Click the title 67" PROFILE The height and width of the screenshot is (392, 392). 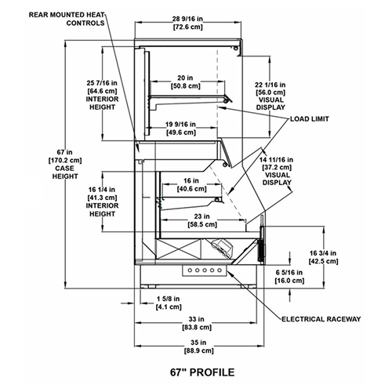(202, 372)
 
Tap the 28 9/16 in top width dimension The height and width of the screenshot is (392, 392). (188, 23)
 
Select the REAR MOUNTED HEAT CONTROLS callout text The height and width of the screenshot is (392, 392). (67, 19)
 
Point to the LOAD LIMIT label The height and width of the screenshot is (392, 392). (310, 119)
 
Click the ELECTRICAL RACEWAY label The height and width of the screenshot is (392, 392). (321, 319)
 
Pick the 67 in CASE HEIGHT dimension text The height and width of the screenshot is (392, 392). (65, 164)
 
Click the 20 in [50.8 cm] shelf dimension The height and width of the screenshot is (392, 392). (186, 82)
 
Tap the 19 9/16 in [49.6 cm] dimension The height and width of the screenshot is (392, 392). (181, 129)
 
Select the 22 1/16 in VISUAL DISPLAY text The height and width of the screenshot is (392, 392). (270, 96)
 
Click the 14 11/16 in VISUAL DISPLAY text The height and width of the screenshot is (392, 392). (277, 171)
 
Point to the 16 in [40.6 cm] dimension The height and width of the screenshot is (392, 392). (191, 184)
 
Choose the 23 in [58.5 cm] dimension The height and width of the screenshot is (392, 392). (202, 220)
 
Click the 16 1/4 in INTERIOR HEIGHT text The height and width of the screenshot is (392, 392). (102, 201)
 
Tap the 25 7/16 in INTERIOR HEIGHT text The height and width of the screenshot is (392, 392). (102, 95)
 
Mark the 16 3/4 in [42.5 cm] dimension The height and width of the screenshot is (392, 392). (323, 257)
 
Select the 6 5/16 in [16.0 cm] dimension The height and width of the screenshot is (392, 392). (289, 277)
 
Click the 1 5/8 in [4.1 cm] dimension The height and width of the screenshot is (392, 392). (169, 303)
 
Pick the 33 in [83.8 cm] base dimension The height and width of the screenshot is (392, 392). (197, 323)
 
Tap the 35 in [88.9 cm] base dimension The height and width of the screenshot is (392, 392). (198, 347)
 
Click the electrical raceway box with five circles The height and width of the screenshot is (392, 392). (205, 270)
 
